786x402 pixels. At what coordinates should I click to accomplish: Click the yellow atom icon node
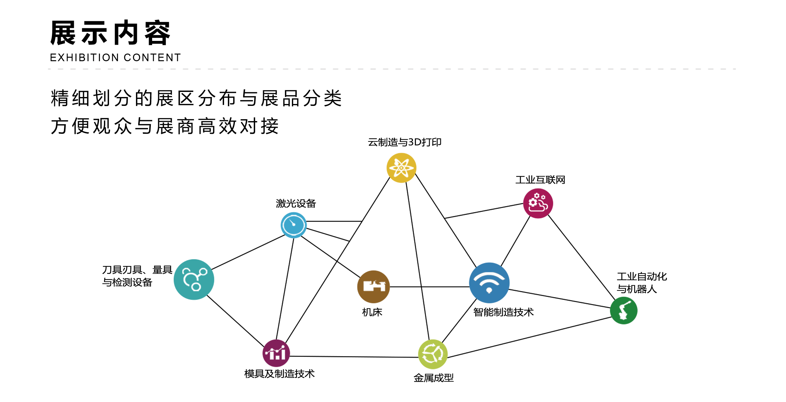(401, 168)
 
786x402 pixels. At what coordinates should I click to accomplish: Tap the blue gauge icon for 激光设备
(293, 225)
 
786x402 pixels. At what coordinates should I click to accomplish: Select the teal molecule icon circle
(194, 279)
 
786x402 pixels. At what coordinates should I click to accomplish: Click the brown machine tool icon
(373, 286)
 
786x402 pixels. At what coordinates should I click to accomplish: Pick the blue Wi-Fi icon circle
(489, 282)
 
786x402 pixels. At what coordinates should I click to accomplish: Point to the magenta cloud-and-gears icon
(538, 203)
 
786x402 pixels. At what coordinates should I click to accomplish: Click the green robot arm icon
(622, 310)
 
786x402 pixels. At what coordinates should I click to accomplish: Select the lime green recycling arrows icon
(433, 354)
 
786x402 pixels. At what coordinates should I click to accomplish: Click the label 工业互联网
(540, 180)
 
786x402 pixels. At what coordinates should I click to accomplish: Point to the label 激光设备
(296, 203)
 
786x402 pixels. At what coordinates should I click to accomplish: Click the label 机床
(372, 312)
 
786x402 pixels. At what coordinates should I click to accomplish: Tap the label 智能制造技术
(503, 312)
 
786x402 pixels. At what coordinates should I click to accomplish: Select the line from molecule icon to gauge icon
(249, 252)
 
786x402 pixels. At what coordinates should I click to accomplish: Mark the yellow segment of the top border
(403, 155)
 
